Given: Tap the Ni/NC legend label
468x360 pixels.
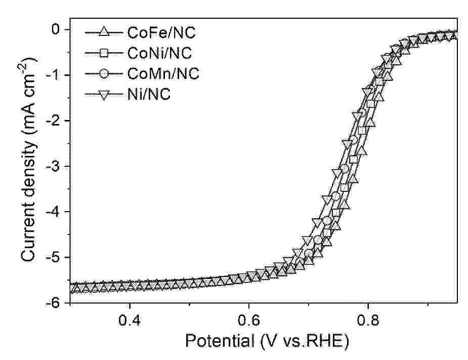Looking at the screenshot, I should coord(150,93).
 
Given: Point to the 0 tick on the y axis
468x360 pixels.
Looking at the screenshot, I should coord(60,29).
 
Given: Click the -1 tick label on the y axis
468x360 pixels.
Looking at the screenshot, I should coord(57,75).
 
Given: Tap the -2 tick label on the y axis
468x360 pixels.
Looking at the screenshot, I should coord(57,121).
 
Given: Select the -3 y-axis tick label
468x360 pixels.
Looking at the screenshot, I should coord(57,166).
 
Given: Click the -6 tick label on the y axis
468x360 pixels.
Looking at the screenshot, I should coord(57,302).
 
